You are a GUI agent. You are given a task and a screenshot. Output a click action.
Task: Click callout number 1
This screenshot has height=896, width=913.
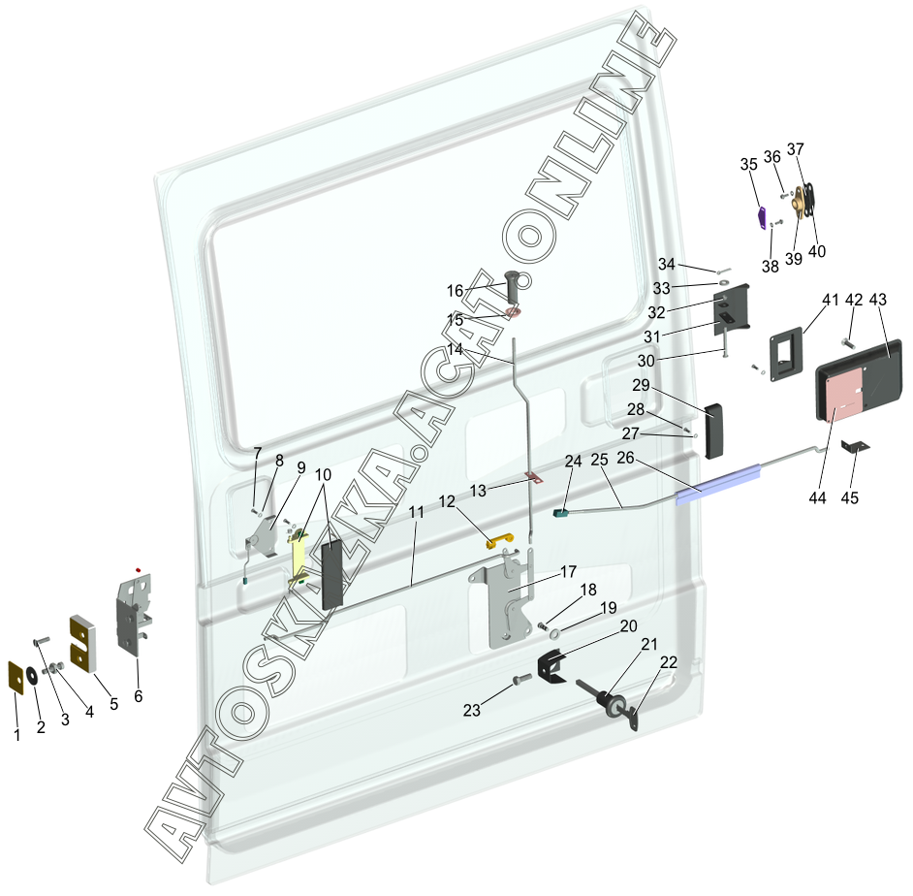[16, 735]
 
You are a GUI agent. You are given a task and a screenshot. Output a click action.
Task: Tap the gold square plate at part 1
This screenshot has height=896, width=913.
[16, 677]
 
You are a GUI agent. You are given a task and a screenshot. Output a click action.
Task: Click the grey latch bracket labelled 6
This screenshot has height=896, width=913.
[134, 613]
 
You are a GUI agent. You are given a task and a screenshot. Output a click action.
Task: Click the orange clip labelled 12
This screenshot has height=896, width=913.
[497, 541]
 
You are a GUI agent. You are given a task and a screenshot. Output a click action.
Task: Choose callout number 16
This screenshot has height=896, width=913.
[456, 290]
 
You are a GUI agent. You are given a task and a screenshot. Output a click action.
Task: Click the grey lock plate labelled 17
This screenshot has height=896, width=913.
[504, 601]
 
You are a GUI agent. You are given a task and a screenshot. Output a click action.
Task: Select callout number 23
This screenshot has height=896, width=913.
[472, 710]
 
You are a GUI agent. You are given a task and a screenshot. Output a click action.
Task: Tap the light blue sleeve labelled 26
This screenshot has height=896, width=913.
[716, 483]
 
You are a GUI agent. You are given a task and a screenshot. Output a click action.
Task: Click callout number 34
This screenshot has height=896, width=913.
[666, 264]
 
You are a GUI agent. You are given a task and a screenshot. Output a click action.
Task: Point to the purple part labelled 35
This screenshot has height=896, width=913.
[762, 213]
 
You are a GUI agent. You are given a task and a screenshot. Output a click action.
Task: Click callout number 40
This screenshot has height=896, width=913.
[817, 250]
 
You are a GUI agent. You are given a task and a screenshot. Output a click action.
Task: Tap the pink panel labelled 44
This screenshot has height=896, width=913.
[842, 396]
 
